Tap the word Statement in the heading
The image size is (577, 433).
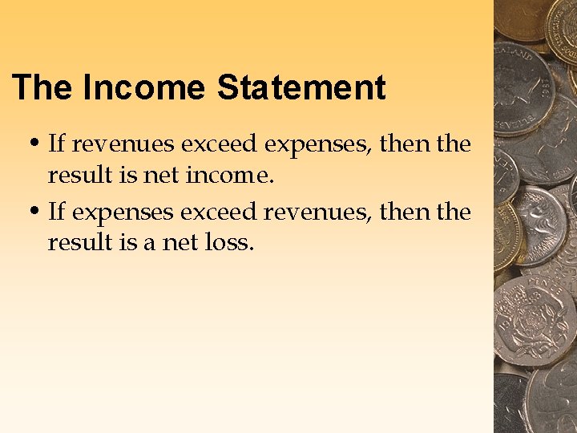[x=301, y=87]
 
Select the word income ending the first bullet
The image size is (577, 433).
[x=230, y=174]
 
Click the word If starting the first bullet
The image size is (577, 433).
[x=56, y=145]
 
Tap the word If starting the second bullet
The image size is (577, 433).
[x=56, y=212]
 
